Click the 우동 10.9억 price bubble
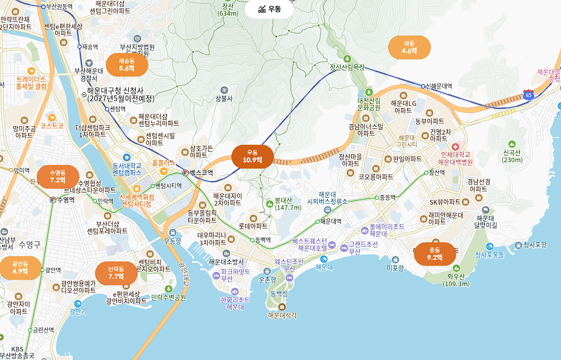pos(253,156)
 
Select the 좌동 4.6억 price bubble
pos(409,47)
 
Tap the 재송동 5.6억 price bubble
pos(127,65)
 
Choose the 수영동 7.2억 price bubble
pos(58,177)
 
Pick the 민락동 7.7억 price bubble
pos(116,273)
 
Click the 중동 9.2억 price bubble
pos(434,254)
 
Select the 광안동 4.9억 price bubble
pos(20,268)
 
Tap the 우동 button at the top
pos(269,9)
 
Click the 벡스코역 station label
pos(201,173)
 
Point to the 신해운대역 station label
pos(439,86)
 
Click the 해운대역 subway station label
pos(330,221)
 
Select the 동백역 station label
pos(263,240)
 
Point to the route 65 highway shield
pos(528,94)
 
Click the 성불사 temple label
pos(224,98)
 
